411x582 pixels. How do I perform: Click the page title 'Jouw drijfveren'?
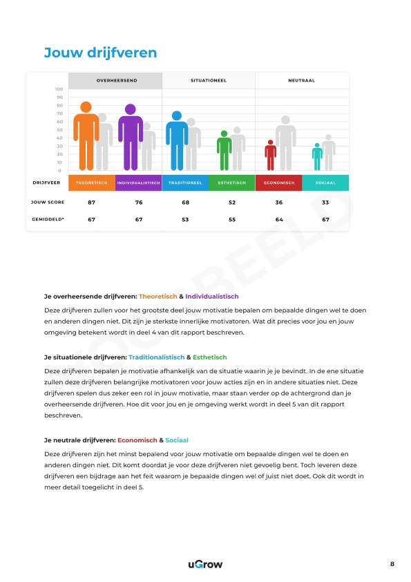100,53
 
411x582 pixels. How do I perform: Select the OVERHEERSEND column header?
116,81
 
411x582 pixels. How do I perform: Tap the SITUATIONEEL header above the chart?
209,81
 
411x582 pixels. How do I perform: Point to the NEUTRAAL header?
301,81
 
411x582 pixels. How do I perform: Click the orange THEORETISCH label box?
91,183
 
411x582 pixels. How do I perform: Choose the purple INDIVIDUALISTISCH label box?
139,183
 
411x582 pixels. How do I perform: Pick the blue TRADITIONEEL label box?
185,183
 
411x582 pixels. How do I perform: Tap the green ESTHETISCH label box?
231,183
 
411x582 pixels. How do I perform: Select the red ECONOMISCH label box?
278,183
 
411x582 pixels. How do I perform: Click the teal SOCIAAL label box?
325,183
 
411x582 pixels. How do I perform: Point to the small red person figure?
271,156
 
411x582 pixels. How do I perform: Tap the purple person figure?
130,138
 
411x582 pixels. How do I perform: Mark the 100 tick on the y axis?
59,89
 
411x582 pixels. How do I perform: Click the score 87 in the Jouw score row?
91,203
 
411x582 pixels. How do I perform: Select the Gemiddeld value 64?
278,219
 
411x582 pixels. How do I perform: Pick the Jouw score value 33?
325,203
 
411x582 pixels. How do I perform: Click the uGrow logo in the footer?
205,565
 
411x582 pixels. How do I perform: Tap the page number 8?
392,565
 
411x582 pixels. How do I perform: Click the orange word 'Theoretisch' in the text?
157,296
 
